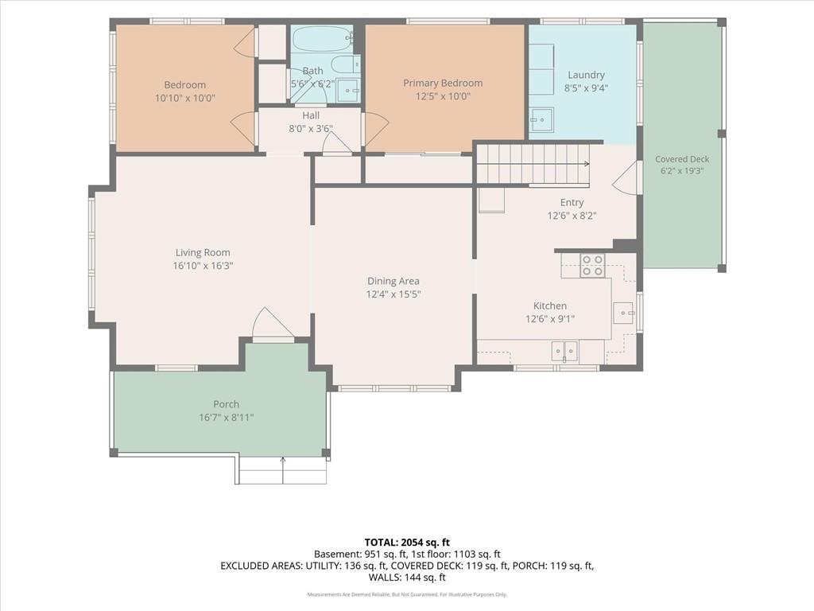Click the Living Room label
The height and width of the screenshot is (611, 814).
pos(203,252)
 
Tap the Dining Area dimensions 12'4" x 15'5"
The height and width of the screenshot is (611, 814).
pos(393,294)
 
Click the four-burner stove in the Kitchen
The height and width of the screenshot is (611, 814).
pos(591,266)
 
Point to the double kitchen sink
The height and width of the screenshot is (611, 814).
pos(564,351)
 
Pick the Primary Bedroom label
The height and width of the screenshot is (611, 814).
pos(443,83)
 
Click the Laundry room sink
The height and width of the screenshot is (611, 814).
pos(541,119)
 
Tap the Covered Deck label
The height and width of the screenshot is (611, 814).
pos(681,159)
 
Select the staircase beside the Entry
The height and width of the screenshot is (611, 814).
pos(533,164)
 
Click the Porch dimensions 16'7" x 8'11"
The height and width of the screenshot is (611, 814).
pos(227,417)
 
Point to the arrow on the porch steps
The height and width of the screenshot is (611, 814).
pos(283,469)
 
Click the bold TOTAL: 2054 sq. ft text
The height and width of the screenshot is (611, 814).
pos(407,543)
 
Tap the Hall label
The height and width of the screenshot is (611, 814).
pos(311,115)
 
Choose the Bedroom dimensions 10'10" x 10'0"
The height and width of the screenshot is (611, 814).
pos(184,98)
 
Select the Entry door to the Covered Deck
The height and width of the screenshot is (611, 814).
pos(625,177)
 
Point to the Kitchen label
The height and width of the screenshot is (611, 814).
pos(550,305)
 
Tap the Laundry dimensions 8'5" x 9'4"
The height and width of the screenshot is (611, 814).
pos(586,88)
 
